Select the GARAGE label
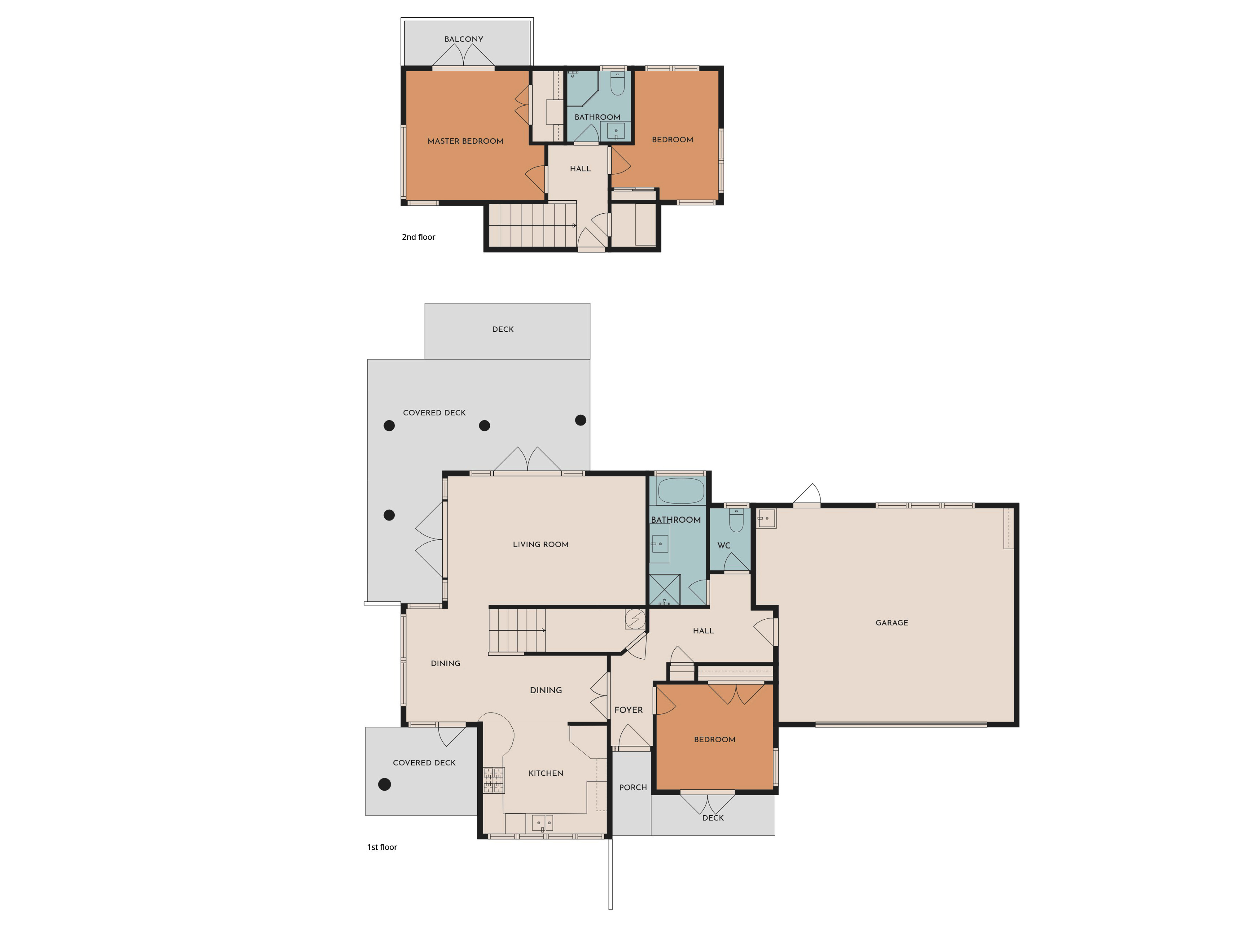click(x=892, y=623)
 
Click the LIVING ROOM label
click(x=541, y=544)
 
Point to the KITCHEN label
click(x=545, y=773)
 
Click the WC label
click(x=724, y=545)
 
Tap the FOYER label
click(x=628, y=710)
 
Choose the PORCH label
click(x=633, y=787)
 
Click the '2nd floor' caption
click(x=418, y=237)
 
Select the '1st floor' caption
click(x=382, y=847)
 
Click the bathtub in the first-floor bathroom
click(x=681, y=491)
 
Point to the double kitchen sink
click(x=542, y=822)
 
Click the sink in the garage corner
click(x=766, y=519)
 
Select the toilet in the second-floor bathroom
click(x=617, y=83)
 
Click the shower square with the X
click(x=665, y=590)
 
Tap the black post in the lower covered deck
click(x=384, y=784)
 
